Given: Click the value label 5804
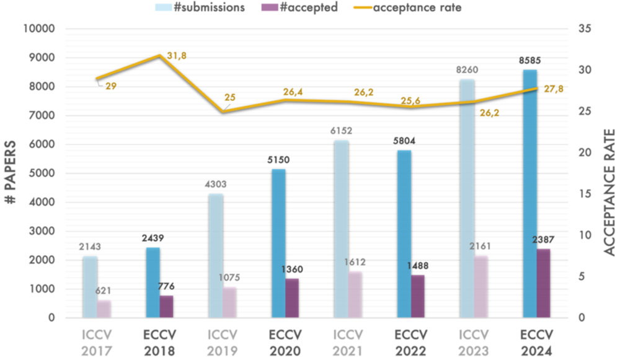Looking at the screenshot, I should tap(404, 141).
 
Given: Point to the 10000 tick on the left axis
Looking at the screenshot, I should tap(38, 29).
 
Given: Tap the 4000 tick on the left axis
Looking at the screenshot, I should tap(42, 202).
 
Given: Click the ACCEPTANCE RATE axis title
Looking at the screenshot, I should tap(609, 192).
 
